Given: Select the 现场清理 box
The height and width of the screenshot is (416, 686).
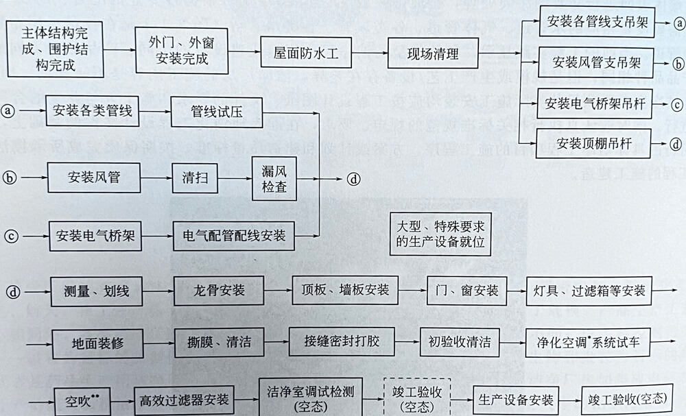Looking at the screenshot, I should coord(433,53).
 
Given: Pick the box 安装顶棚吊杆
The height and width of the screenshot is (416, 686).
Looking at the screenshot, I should coord(594,144).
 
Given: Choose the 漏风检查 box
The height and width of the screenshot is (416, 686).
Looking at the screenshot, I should coord(274,178).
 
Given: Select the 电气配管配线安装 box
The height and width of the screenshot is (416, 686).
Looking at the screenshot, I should coord(234,236).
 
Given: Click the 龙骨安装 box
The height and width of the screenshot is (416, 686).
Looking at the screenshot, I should coord(219,291).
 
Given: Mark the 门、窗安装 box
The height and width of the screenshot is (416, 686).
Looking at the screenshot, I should coord(466,290).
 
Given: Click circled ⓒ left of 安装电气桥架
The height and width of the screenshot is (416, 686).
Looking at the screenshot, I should coord(9,236).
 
